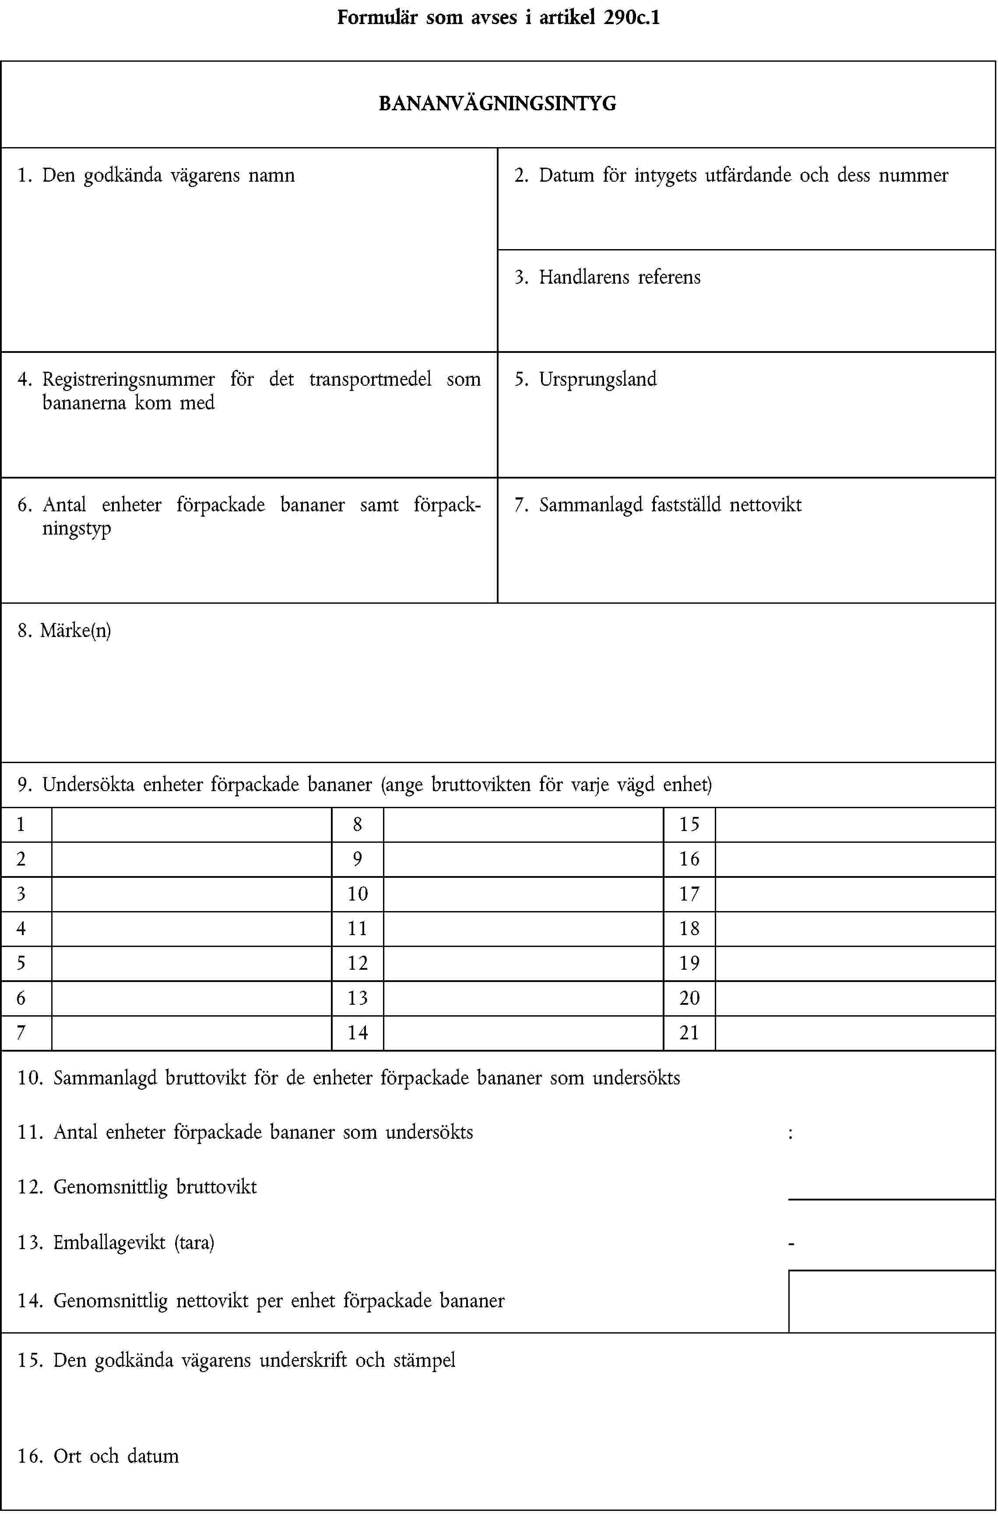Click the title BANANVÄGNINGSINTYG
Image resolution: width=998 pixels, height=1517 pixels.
[x=497, y=103]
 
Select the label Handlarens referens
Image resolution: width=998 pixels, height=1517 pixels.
[x=619, y=277]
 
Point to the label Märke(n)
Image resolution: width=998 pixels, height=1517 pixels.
[x=75, y=630]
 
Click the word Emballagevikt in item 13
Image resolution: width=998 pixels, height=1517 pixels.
[x=109, y=1243]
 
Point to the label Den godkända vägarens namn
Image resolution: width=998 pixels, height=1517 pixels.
[x=168, y=175]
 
